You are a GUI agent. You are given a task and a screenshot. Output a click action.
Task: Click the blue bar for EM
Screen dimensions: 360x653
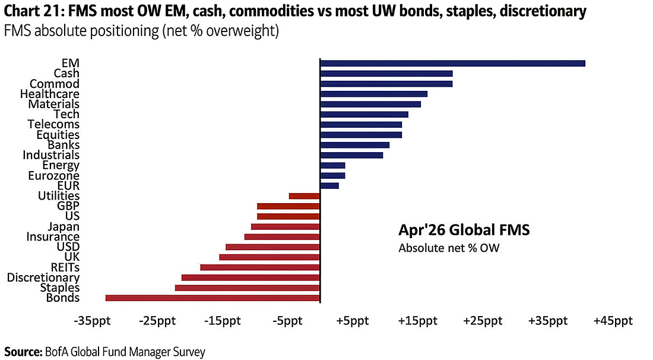point(452,64)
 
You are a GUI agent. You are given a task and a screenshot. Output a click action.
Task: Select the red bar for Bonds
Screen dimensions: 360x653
point(213,298)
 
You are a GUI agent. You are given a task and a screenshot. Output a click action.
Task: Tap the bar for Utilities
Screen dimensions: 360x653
point(304,196)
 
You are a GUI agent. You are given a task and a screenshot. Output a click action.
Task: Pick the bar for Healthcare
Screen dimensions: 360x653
point(373,94)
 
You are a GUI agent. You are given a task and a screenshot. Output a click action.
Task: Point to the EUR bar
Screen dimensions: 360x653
point(329,186)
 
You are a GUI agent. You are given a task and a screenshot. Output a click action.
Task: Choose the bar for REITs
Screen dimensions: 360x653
point(260,267)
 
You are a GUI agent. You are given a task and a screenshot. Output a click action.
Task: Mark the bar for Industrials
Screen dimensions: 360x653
point(351,155)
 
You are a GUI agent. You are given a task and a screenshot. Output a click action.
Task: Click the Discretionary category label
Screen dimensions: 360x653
point(43,277)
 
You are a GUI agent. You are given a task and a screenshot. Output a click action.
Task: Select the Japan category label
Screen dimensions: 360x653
point(64,226)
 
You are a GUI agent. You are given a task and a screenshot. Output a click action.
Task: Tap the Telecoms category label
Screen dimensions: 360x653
point(53,124)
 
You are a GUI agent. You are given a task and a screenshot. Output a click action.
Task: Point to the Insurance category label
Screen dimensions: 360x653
point(53,236)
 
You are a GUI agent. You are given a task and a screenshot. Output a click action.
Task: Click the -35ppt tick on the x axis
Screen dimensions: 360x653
point(92,321)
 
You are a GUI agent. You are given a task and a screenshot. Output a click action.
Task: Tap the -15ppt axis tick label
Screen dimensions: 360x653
point(222,321)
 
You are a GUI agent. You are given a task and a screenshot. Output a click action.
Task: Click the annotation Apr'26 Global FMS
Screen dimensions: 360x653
point(463,230)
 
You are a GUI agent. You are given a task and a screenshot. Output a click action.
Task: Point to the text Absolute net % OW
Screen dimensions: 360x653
point(449,248)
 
